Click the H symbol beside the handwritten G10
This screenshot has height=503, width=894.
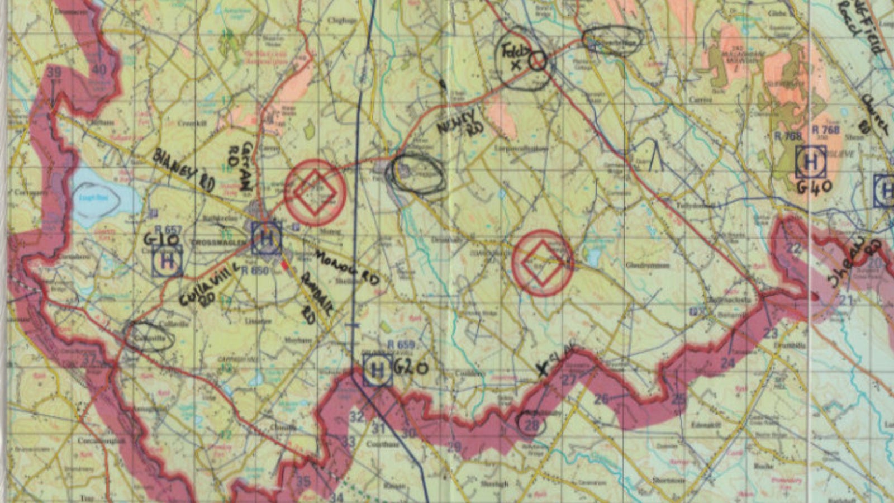pos(167,260)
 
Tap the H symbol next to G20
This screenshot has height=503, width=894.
pos(377,371)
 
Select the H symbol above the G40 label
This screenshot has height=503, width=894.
pos(810,162)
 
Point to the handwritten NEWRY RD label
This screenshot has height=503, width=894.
pos(459,122)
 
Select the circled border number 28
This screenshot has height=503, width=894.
pos(531,425)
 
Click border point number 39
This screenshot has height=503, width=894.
pos(54,73)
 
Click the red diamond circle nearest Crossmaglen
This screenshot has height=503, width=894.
pos(315,193)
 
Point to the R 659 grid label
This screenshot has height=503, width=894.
pos(401,345)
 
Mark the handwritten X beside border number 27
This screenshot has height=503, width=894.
pos(542,369)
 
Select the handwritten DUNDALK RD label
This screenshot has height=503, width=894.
pos(310,298)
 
